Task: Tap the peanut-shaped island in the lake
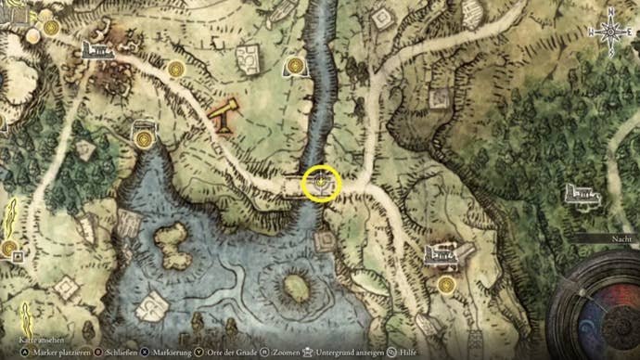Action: [172, 246]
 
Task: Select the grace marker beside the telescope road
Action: [177, 69]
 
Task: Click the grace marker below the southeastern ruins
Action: [447, 283]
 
